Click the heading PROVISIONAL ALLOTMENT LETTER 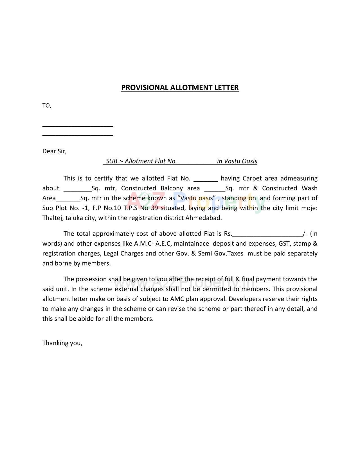tap(180, 88)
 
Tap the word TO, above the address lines tap(47, 106)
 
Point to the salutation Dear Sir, tap(54, 151)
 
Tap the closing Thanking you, tap(62, 343)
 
